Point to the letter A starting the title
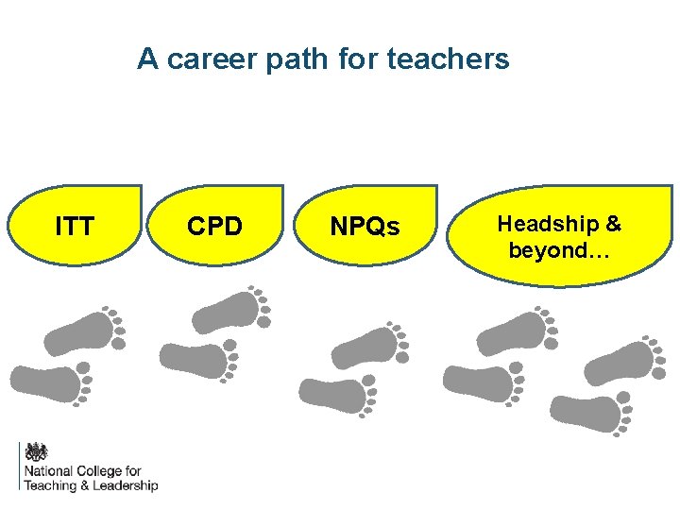coord(147,59)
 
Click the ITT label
coord(75,227)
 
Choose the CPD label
coord(214,227)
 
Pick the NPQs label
coord(365,228)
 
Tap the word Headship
coord(546,224)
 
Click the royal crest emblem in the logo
coord(35,452)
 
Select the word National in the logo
coord(48,471)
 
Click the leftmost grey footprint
coord(51,382)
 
